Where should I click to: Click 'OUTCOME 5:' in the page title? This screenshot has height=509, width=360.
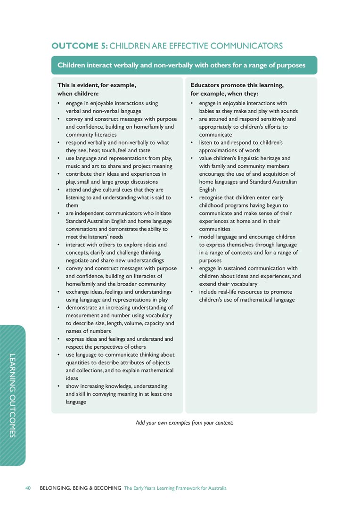pyautogui.click(x=79, y=46)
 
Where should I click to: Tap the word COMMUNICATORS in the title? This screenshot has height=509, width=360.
pyautogui.click(x=246, y=46)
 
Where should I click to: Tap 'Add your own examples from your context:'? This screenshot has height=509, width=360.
pyautogui.click(x=184, y=422)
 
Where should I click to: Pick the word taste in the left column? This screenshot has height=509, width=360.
pyautogui.click(x=141, y=150)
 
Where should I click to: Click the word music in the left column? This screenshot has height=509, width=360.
pyautogui.click(x=74, y=166)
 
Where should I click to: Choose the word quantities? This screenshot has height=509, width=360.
pyautogui.click(x=80, y=362)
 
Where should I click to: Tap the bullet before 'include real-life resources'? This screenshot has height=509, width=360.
pyautogui.click(x=192, y=292)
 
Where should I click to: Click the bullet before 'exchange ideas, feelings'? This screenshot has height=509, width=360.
pyautogui.click(x=58, y=292)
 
